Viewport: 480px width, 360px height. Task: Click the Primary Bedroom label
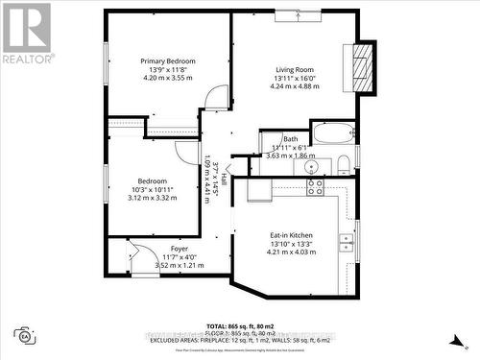[x=168, y=61]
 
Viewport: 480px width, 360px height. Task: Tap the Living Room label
[x=296, y=69]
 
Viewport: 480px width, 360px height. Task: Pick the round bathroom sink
[x=310, y=167]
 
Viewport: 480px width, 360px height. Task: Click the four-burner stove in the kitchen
[x=315, y=187]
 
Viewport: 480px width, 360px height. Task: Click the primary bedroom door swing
[x=219, y=96]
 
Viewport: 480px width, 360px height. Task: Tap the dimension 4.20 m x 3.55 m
[x=168, y=79]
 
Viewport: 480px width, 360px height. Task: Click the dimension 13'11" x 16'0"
[x=296, y=79]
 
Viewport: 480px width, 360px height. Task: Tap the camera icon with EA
[x=24, y=335]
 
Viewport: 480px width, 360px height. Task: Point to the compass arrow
[x=455, y=338]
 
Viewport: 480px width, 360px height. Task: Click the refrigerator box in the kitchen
[x=259, y=190]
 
